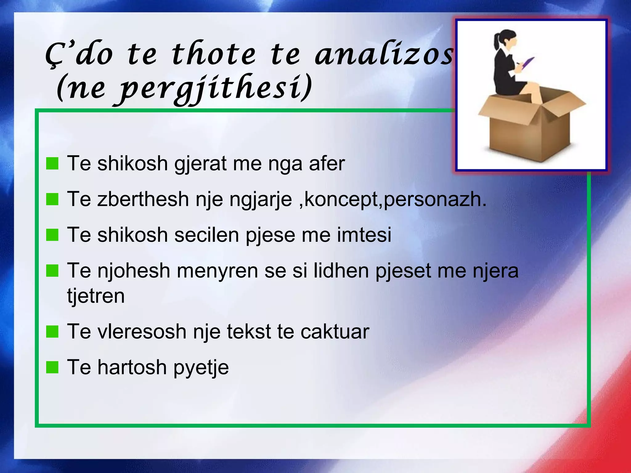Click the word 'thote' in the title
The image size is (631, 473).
(214, 55)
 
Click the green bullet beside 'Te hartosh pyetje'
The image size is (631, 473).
(52, 367)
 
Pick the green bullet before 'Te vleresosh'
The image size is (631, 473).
(52, 332)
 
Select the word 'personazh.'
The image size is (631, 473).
(435, 200)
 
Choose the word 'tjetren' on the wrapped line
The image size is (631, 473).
(96, 296)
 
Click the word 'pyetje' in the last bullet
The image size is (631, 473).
(201, 368)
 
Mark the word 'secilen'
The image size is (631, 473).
(207, 235)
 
